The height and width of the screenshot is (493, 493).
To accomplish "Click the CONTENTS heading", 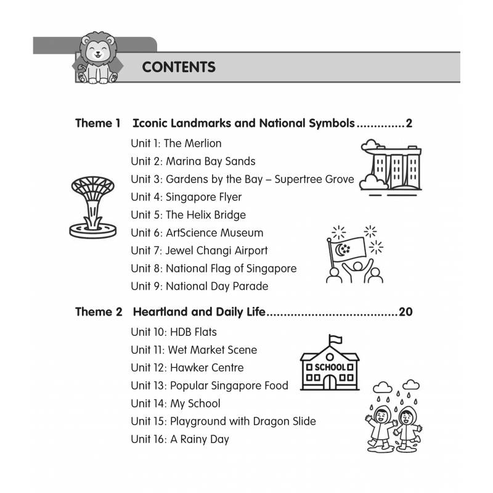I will (x=179, y=67).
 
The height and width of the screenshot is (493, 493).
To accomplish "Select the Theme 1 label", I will (x=98, y=123).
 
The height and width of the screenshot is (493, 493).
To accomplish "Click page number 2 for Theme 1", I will (x=409, y=123).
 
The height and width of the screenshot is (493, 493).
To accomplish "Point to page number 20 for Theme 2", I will (x=405, y=312).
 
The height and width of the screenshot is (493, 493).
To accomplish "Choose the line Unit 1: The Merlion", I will (x=176, y=144).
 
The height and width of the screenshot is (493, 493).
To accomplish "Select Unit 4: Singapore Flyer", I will (x=186, y=197).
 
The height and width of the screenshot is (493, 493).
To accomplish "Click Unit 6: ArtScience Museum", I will (x=197, y=233).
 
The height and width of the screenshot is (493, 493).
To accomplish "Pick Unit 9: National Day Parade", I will (x=199, y=287).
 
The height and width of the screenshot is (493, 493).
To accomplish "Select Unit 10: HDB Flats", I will (x=174, y=332).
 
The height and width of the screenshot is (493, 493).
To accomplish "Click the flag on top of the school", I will (x=335, y=338).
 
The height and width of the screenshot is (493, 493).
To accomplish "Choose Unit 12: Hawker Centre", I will (x=187, y=368).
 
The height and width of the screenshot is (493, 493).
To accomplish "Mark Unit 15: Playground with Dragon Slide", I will (x=223, y=422).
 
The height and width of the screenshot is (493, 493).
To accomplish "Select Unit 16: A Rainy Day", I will (x=179, y=439).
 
